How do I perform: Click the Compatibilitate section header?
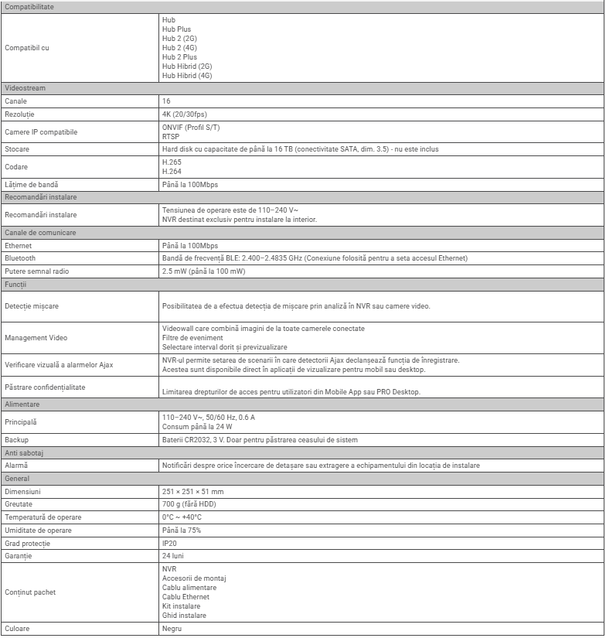29,7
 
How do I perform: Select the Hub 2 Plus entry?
179,56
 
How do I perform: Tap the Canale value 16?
166,101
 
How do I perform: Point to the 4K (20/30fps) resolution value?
185,114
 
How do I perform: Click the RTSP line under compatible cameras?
170,136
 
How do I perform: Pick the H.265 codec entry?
172,162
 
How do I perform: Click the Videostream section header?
26,88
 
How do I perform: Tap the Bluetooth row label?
20,258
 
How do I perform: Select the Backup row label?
17,440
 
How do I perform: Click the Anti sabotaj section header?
25,452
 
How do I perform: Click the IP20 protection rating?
169,543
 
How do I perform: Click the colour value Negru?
172,629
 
